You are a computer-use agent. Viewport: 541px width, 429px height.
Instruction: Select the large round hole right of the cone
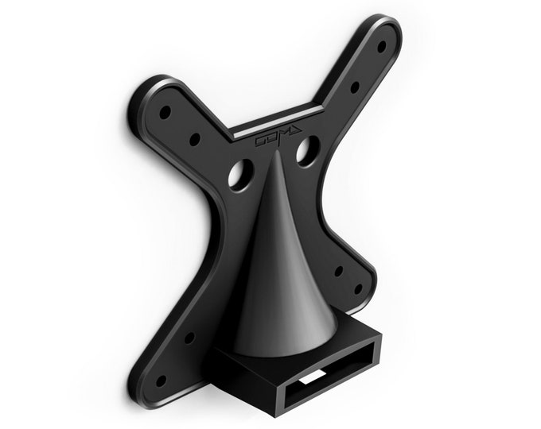click(308, 151)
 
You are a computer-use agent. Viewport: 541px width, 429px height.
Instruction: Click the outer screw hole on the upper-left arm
click(165, 112)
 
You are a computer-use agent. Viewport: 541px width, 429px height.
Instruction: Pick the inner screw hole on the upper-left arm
click(194, 140)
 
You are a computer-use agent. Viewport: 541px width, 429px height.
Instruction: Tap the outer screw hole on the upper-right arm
click(381, 47)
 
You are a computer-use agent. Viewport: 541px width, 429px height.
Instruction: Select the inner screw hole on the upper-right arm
click(355, 87)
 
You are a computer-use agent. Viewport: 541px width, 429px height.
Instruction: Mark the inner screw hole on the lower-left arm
click(189, 338)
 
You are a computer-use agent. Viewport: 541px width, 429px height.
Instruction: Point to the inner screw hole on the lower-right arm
click(338, 271)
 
